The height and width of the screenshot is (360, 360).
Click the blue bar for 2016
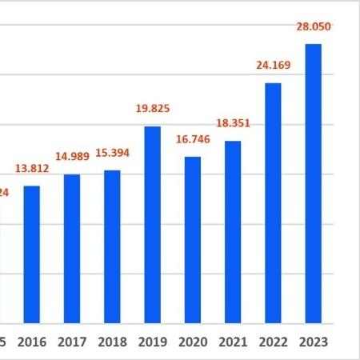pyautogui.click(x=32, y=254)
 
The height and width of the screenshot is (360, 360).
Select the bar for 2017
pyautogui.click(x=72, y=249)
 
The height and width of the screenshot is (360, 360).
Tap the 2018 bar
pyautogui.click(x=112, y=246)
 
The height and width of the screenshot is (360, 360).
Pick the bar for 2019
pyautogui.click(x=152, y=225)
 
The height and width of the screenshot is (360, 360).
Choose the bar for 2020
pyautogui.click(x=193, y=240)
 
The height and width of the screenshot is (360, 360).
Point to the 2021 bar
pyautogui.click(x=233, y=232)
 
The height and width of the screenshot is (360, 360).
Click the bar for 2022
pyautogui.click(x=273, y=203)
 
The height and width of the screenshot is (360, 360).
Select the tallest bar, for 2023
pyautogui.click(x=313, y=184)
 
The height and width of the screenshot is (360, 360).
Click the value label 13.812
pyautogui.click(x=32, y=169)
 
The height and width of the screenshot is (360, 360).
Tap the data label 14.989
pyautogui.click(x=72, y=158)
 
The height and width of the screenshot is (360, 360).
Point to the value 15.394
pyautogui.click(x=112, y=153)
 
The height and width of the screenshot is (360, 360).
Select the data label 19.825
pyautogui.click(x=152, y=109)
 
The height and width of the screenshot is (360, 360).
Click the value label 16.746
pyautogui.click(x=193, y=139)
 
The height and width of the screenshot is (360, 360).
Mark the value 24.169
pyautogui.click(x=273, y=66)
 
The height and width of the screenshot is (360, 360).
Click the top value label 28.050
pyautogui.click(x=313, y=26)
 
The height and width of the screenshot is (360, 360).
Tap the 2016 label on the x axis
pyautogui.click(x=32, y=342)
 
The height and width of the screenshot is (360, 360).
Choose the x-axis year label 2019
pyautogui.click(x=152, y=342)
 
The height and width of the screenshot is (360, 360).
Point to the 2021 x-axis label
pyautogui.click(x=233, y=342)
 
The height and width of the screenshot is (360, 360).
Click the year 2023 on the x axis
pyautogui.click(x=313, y=342)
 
